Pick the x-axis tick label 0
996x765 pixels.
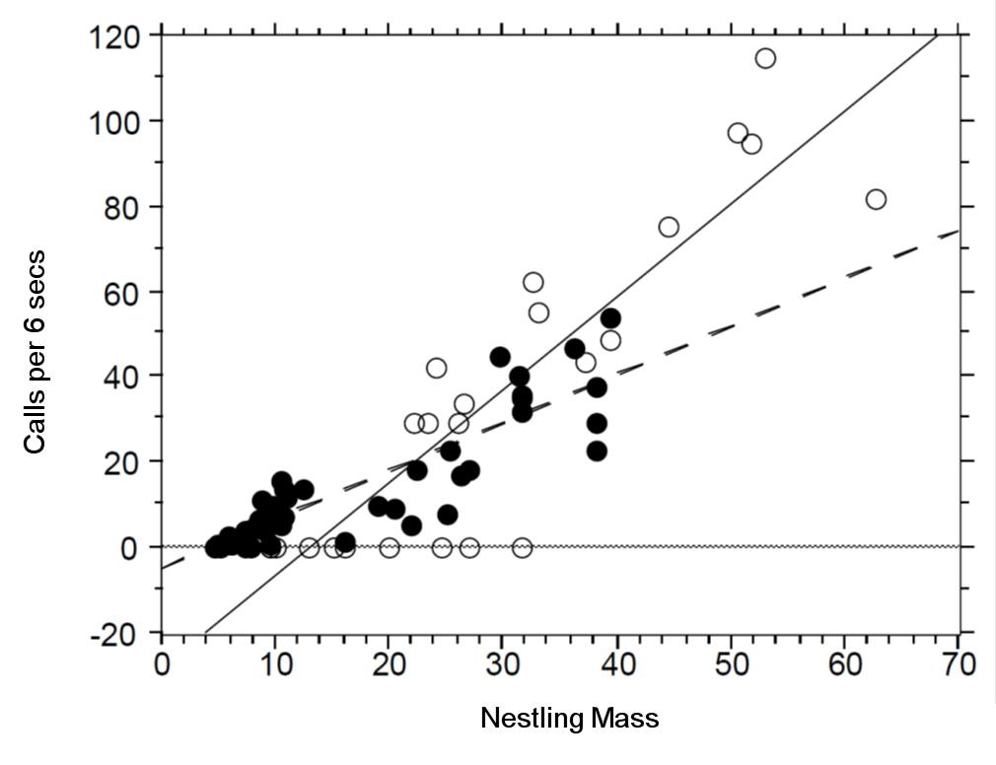(x=162, y=664)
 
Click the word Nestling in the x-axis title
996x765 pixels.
(x=528, y=719)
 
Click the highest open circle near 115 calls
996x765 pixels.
(x=765, y=58)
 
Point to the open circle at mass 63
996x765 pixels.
(x=876, y=199)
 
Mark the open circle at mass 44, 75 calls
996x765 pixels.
(x=669, y=227)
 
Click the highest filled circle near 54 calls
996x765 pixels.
(x=610, y=317)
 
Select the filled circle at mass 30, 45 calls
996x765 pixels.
(x=500, y=357)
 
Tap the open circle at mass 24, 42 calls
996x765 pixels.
(x=436, y=368)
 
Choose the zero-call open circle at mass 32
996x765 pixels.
(x=522, y=547)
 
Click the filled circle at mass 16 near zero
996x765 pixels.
(x=345, y=542)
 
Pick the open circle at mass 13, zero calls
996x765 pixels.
(x=309, y=547)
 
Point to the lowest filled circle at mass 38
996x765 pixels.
(x=597, y=451)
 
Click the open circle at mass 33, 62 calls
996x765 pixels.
(x=534, y=283)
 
